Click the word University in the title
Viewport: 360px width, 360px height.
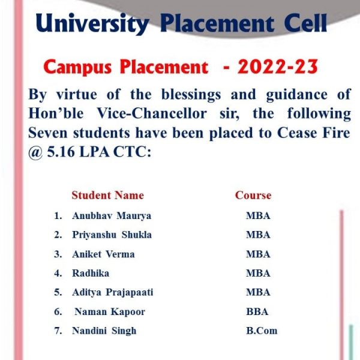click(92, 23)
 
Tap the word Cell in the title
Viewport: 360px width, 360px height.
click(305, 23)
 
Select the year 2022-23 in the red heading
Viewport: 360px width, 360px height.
click(278, 67)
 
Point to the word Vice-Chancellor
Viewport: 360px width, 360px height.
click(152, 113)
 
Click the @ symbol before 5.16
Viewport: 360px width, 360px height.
click(35, 152)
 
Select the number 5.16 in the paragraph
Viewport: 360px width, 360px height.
click(61, 152)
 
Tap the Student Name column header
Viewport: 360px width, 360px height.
click(107, 196)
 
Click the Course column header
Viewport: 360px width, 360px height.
click(253, 196)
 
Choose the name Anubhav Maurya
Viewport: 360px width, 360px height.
click(112, 216)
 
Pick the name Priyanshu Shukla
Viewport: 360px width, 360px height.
click(112, 235)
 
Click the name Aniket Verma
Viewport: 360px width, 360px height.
click(103, 254)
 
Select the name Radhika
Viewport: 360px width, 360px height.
click(91, 273)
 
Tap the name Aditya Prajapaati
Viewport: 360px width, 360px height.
click(113, 293)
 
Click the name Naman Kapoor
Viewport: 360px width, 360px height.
click(110, 312)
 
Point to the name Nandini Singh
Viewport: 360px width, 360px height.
click(104, 331)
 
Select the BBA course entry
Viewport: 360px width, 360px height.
click(257, 312)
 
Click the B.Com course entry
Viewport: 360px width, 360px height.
click(262, 331)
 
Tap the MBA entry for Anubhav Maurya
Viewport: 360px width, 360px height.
click(258, 216)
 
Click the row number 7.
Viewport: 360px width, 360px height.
click(58, 331)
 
